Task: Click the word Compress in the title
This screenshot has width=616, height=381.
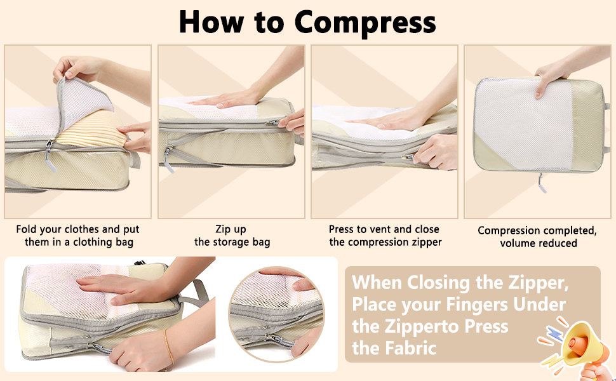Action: [x=365, y=22]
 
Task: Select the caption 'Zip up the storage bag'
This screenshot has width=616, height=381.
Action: [x=232, y=236]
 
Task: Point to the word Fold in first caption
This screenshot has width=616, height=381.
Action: [x=27, y=229]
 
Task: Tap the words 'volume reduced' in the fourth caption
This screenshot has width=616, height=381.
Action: [x=539, y=243]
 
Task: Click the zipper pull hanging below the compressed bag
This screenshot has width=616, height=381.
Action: [x=542, y=183]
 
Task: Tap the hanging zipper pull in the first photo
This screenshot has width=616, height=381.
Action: [x=50, y=156]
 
